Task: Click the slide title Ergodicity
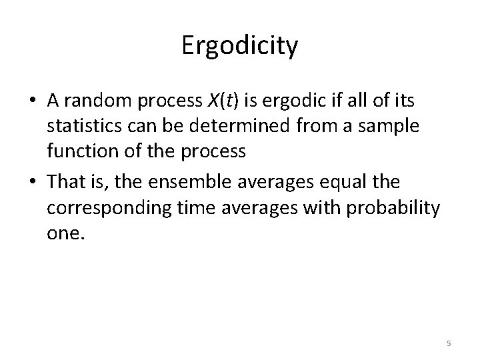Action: [239, 47]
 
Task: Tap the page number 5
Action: [449, 343]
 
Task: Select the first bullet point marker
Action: [33, 101]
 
